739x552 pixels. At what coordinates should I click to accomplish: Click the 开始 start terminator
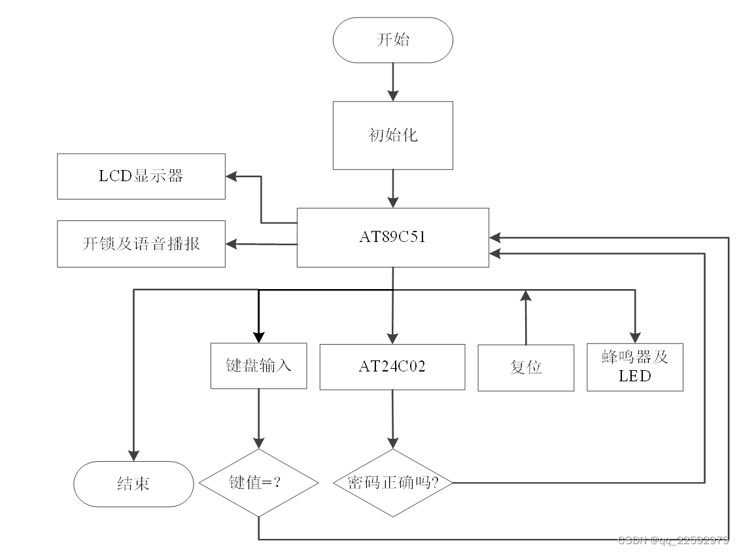pyautogui.click(x=392, y=40)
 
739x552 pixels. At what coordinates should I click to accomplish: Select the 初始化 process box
pyautogui.click(x=392, y=135)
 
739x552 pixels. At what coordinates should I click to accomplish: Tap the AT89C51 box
pyautogui.click(x=392, y=237)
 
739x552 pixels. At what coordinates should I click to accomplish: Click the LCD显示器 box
pyautogui.click(x=141, y=177)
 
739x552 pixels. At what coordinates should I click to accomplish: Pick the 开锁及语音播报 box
pyautogui.click(x=141, y=244)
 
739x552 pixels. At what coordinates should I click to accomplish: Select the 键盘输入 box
pyautogui.click(x=258, y=366)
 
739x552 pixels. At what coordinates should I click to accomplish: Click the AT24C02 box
pyautogui.click(x=392, y=367)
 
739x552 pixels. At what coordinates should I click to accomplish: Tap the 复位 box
pyautogui.click(x=526, y=368)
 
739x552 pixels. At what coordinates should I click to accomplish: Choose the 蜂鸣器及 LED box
pyautogui.click(x=634, y=367)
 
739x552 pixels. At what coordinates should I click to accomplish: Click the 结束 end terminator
pyautogui.click(x=133, y=484)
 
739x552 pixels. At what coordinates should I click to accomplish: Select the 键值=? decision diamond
pyautogui.click(x=258, y=483)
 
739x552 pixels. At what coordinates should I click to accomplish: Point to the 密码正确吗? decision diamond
pyautogui.click(x=392, y=483)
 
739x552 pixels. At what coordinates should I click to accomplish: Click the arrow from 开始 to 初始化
pyautogui.click(x=392, y=82)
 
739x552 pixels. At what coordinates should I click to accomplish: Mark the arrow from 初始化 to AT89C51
pyautogui.click(x=392, y=188)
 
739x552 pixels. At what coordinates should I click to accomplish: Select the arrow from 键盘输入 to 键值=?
pyautogui.click(x=258, y=419)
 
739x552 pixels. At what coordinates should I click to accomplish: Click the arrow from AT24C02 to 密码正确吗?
pyautogui.click(x=392, y=419)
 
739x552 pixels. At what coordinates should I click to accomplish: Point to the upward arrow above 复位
pyautogui.click(x=525, y=317)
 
